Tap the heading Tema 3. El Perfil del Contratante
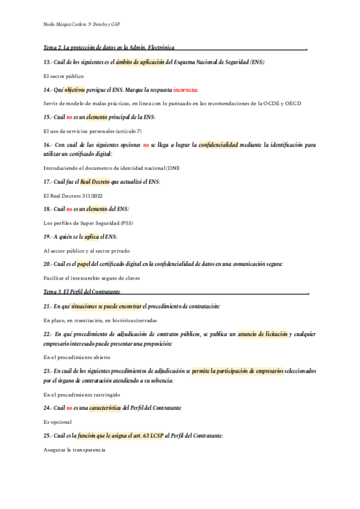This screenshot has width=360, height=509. pyautogui.click(x=82, y=292)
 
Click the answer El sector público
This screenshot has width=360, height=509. pyautogui.click(x=64, y=76)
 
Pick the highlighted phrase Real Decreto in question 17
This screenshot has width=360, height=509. pyautogui.click(x=95, y=181)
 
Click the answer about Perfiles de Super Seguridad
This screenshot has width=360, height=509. pyautogui.click(x=89, y=223)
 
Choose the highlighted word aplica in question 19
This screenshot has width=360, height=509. pyautogui.click(x=91, y=236)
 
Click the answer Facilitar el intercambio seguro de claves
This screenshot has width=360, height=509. pyautogui.click(x=100, y=279)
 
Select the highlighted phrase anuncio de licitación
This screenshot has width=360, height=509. pyautogui.click(x=262, y=334)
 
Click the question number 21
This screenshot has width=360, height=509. pyautogui.click(x=48, y=306)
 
